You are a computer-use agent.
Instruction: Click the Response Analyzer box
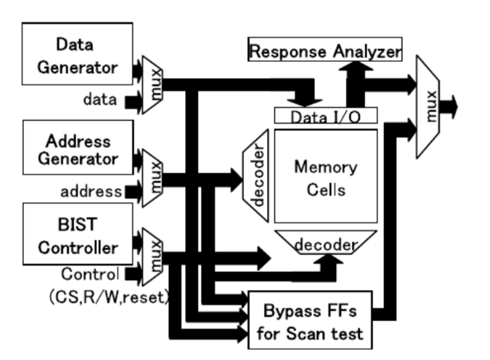(324, 51)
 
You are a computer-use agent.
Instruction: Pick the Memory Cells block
(326, 176)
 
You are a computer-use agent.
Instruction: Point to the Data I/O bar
(326, 116)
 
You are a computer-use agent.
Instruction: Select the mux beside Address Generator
(152, 177)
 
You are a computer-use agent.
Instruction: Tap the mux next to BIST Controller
(152, 257)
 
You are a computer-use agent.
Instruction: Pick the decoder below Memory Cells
(326, 244)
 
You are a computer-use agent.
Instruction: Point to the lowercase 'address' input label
(90, 191)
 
